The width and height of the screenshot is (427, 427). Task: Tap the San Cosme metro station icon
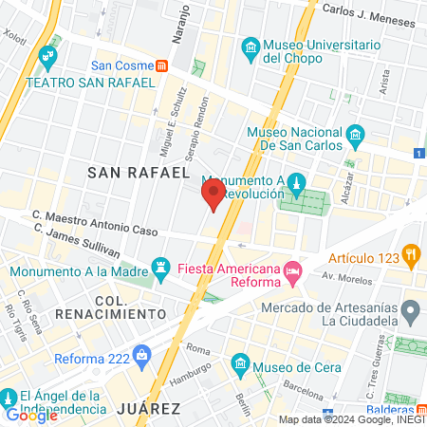[x=163, y=66]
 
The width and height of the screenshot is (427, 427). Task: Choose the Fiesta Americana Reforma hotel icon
[x=293, y=270]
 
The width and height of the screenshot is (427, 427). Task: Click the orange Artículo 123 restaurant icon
[x=410, y=253]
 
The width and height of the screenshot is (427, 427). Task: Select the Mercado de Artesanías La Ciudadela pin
[x=410, y=310]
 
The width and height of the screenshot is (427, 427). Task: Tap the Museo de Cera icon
[x=240, y=364]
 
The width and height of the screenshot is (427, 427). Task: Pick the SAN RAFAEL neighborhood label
[x=132, y=172]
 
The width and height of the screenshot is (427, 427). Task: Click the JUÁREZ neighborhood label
[x=148, y=408]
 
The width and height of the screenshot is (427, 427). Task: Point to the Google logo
[x=31, y=415]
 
